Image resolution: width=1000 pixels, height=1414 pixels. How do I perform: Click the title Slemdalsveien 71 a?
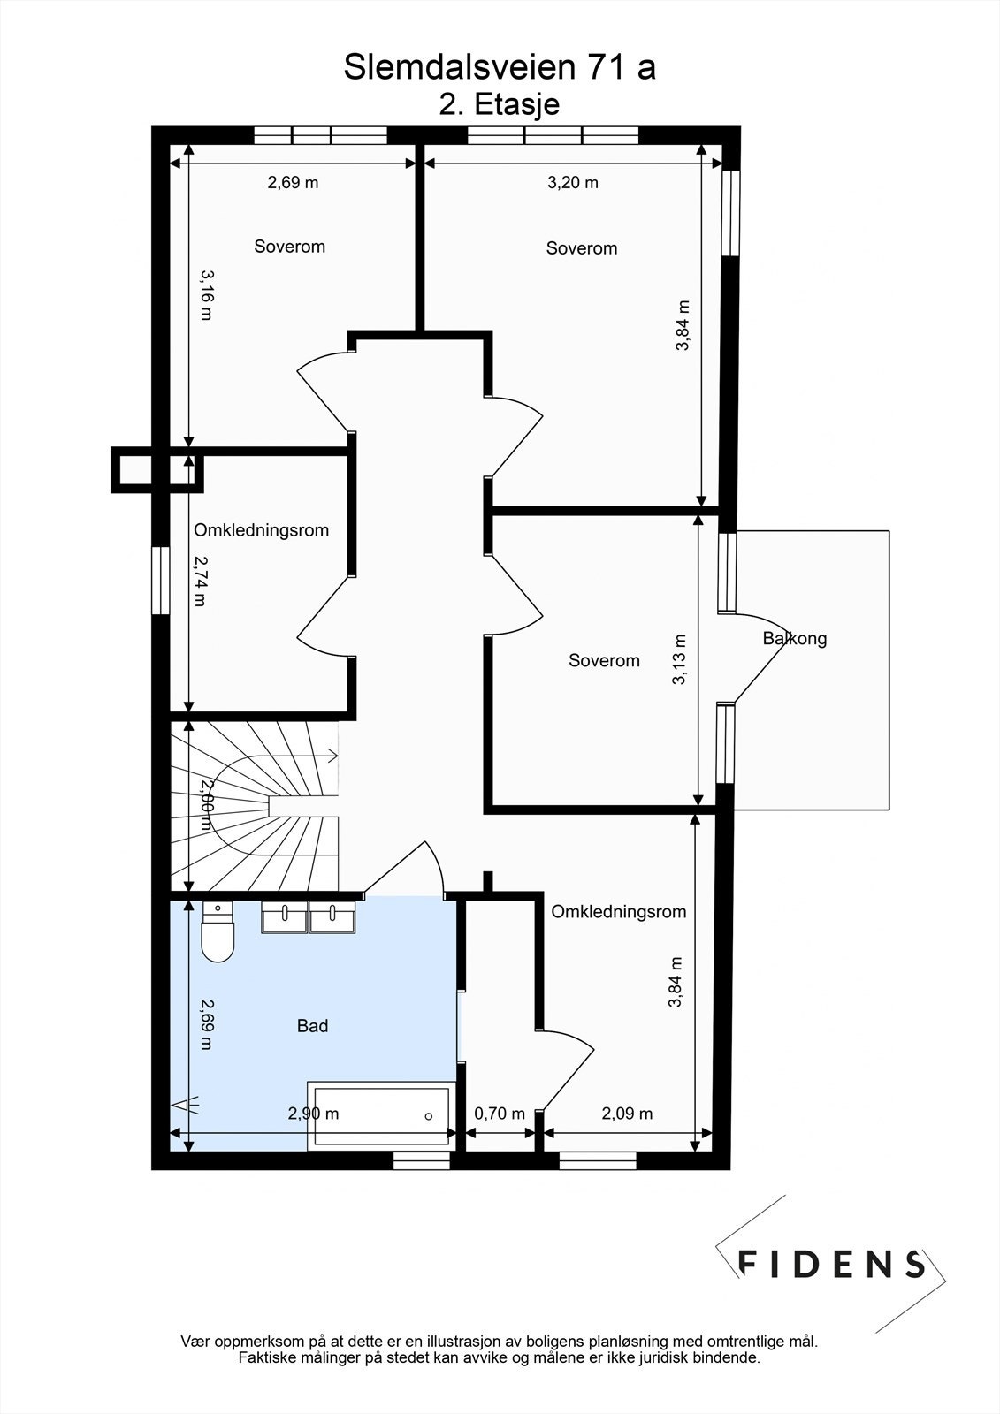coord(500,67)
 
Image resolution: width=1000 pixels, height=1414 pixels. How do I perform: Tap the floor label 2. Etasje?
coord(500,104)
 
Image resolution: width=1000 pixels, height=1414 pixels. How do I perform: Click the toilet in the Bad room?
coord(218,931)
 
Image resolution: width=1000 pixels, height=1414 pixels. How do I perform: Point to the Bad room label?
coord(313,1026)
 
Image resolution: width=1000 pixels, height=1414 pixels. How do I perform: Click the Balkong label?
coord(795,638)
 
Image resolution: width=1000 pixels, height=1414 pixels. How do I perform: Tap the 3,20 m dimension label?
coord(572,183)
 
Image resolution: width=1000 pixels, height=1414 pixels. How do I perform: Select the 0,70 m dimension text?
coord(500,1114)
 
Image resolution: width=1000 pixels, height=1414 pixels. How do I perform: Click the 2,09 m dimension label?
coord(627,1114)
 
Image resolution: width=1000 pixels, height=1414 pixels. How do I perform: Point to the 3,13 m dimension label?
coord(678,659)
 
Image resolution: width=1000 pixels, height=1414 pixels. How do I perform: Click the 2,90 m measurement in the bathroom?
coord(313,1114)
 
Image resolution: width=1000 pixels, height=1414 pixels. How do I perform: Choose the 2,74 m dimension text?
coord(200,582)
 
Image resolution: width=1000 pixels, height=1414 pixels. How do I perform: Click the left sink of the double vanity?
coord(285,916)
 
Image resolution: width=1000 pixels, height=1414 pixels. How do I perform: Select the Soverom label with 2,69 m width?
coord(290,247)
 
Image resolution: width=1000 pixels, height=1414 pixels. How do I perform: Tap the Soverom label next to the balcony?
coord(605,661)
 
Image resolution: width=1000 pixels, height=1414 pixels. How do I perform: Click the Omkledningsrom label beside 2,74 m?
coord(262,530)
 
